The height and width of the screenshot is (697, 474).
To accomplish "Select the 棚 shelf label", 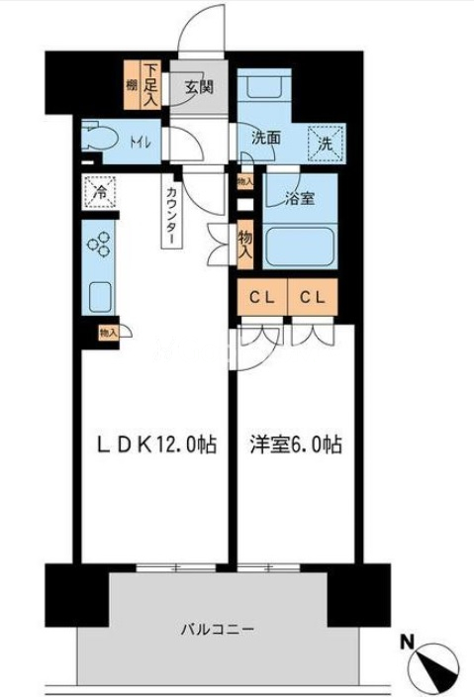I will coord(131,86).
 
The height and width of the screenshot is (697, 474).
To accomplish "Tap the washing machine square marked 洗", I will coord(325,143).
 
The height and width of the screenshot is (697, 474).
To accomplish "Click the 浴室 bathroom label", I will coord(300,198).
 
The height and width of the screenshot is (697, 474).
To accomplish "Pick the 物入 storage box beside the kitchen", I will coord(107,335).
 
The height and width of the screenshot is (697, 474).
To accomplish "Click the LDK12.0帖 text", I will coord(155,446).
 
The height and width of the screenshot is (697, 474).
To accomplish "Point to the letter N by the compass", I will coord(406,642).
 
